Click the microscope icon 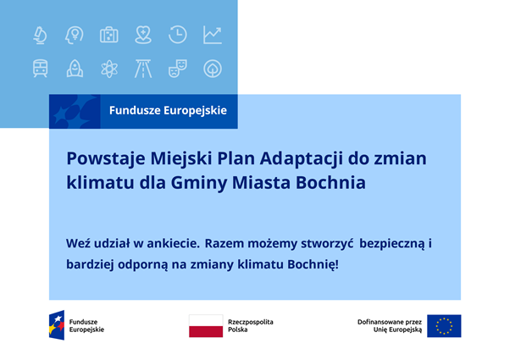click(40, 35)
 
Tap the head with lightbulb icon click(75, 35)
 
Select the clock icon click(178, 35)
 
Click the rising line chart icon click(213, 35)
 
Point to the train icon click(41, 69)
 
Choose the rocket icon click(75, 69)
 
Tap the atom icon click(109, 69)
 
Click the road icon click(143, 69)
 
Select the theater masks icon click(178, 69)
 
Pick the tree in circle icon click(213, 69)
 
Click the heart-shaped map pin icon click(143, 35)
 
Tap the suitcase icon click(109, 35)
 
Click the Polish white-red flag click(206, 325)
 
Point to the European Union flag click(444, 326)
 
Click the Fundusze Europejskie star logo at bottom click(57, 325)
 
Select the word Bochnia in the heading click(330, 182)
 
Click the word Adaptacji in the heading click(302, 159)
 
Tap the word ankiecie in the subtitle click(173, 243)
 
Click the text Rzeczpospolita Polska click(251, 325)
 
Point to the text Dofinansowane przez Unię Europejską click(390, 326)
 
